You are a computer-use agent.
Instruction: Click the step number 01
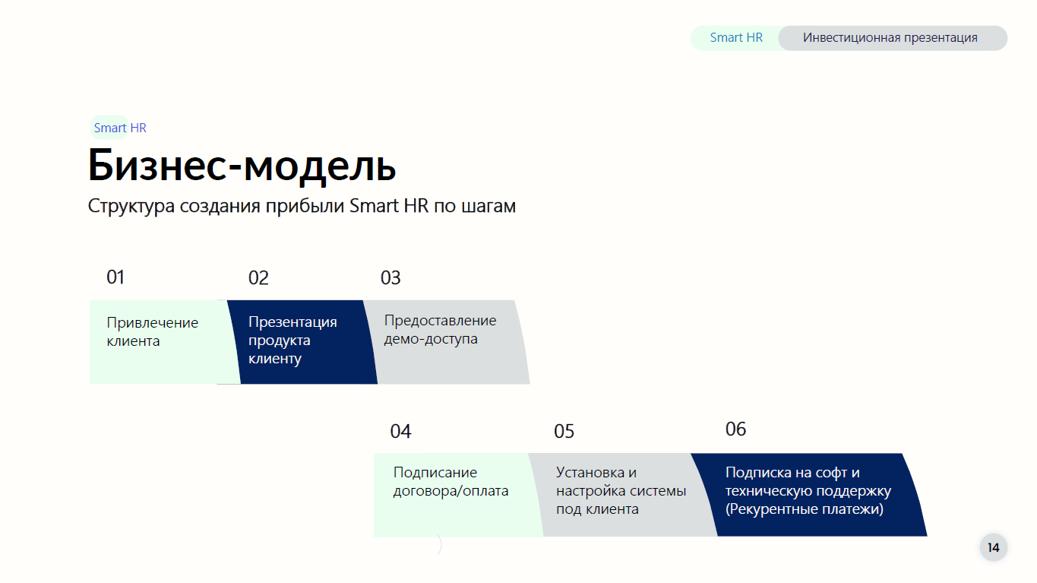[115, 277]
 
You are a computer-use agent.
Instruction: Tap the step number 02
[258, 278]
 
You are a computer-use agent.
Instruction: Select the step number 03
[390, 278]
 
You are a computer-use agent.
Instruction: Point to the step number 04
[400, 431]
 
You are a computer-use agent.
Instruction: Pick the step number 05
[564, 431]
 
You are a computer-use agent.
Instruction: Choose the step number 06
[735, 429]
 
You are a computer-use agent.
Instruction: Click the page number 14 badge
[994, 548]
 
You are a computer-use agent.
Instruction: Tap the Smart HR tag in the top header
[736, 37]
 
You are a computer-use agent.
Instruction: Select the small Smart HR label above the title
[120, 128]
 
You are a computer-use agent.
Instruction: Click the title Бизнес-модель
[242, 166]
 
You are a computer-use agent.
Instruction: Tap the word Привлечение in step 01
[152, 323]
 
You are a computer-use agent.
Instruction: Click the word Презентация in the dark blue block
[292, 322]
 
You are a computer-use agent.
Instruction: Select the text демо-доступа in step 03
[431, 339]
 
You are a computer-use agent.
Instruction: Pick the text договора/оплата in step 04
[451, 491]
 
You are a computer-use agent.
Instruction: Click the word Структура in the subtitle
[131, 207]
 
